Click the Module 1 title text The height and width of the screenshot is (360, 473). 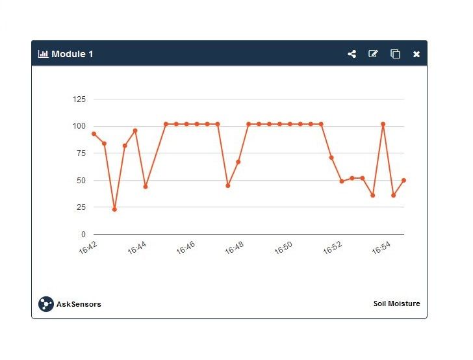pos(72,54)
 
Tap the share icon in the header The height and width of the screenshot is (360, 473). pos(352,54)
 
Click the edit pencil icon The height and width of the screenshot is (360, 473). pos(373,54)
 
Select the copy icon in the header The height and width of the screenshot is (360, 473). pos(395,54)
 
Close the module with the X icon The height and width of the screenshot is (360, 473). pos(416,54)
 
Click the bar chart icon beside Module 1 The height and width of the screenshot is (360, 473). pos(44,54)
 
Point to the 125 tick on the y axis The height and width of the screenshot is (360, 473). pos(79,99)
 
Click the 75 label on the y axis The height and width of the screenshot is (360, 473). pos(81,153)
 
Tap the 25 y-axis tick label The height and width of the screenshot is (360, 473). pos(81,207)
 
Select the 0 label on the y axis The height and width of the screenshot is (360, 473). pos(83,235)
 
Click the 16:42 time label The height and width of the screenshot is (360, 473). pos(88,248)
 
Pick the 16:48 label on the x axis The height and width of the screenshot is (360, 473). pos(235,248)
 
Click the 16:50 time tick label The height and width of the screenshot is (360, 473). pos(283,248)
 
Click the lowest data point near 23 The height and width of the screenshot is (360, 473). pos(114,209)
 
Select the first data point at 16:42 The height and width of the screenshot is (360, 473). pos(94,134)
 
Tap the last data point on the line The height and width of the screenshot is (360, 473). pos(403,180)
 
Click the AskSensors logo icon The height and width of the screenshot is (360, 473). pos(45,304)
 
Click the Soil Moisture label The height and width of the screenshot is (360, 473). pos(396,303)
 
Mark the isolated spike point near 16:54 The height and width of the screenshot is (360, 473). pos(383,124)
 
